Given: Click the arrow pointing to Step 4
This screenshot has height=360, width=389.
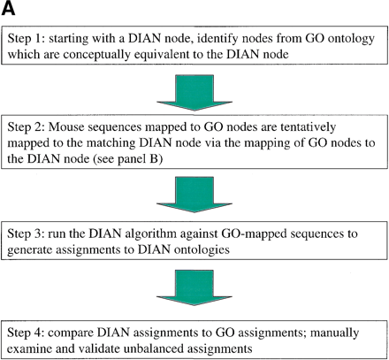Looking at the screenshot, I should (193, 298).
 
